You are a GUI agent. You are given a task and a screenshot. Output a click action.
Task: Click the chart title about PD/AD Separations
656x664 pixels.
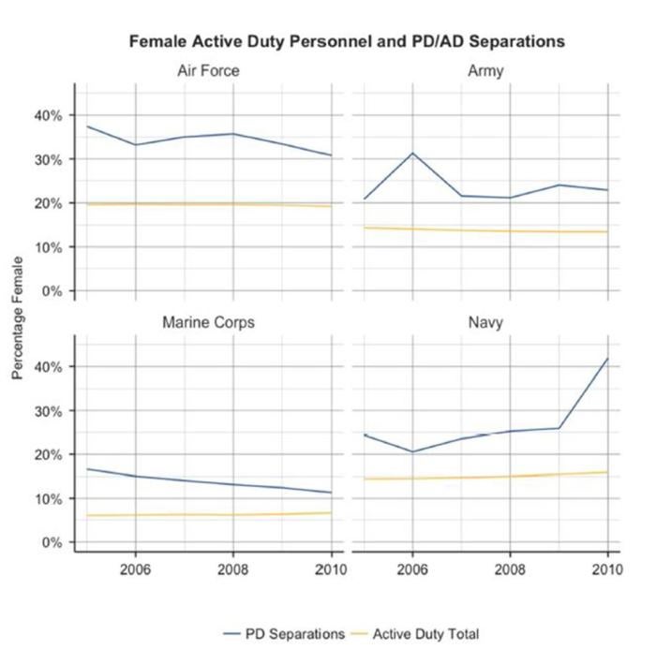(346, 41)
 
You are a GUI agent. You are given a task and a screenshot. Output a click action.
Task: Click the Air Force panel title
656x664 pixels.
(207, 71)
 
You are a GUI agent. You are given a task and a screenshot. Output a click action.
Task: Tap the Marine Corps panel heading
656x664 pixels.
(207, 323)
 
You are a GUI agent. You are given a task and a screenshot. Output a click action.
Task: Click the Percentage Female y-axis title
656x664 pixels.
(17, 324)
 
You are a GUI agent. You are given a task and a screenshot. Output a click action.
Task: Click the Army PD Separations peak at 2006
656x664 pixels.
(412, 153)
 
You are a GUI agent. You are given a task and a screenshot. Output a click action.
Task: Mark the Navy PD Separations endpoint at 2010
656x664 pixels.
(607, 359)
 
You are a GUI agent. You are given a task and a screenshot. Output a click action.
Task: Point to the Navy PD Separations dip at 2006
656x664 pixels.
(412, 451)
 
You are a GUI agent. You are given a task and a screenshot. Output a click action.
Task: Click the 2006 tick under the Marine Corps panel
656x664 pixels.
(136, 568)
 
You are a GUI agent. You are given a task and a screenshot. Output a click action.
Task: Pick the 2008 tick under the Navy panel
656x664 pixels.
(510, 568)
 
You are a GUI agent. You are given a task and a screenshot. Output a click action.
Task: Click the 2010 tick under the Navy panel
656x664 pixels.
(607, 568)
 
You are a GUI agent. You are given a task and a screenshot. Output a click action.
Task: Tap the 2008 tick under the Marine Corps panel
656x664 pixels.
(233, 568)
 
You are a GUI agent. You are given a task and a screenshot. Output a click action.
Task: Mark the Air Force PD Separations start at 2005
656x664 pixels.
(88, 126)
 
